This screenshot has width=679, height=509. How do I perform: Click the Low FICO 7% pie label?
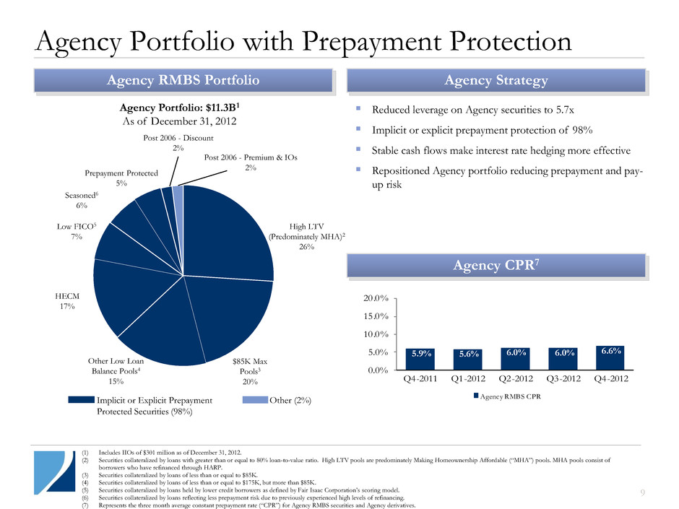[72, 232]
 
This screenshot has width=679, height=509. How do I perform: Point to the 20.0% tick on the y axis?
[378, 298]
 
